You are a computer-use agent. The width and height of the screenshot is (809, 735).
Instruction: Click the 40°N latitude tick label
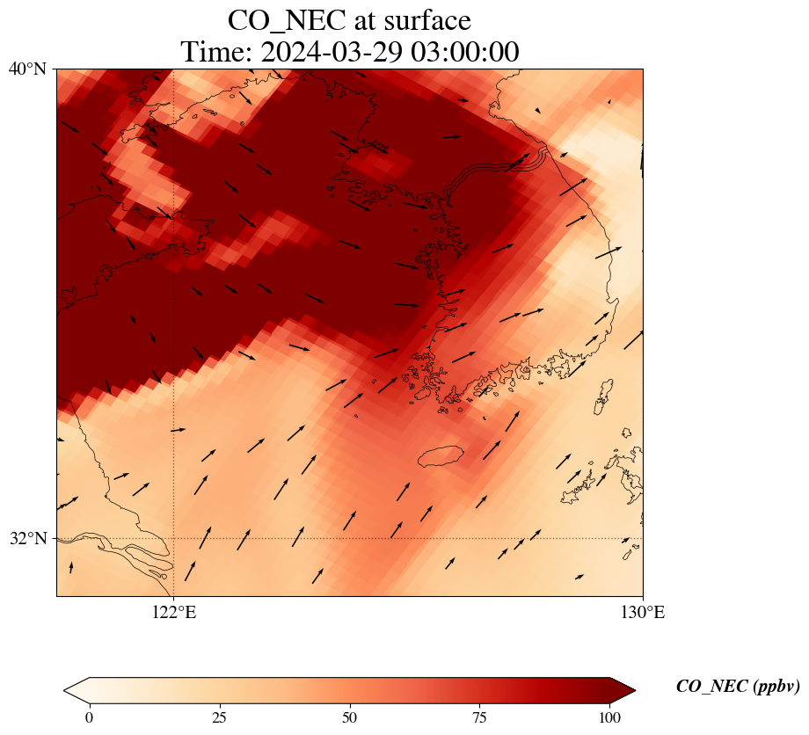click(x=27, y=69)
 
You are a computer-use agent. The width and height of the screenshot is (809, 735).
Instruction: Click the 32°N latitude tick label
click(x=27, y=538)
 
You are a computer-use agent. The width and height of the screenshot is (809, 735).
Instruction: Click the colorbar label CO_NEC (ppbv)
click(x=737, y=687)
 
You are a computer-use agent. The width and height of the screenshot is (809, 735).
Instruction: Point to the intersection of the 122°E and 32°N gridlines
click(x=174, y=538)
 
